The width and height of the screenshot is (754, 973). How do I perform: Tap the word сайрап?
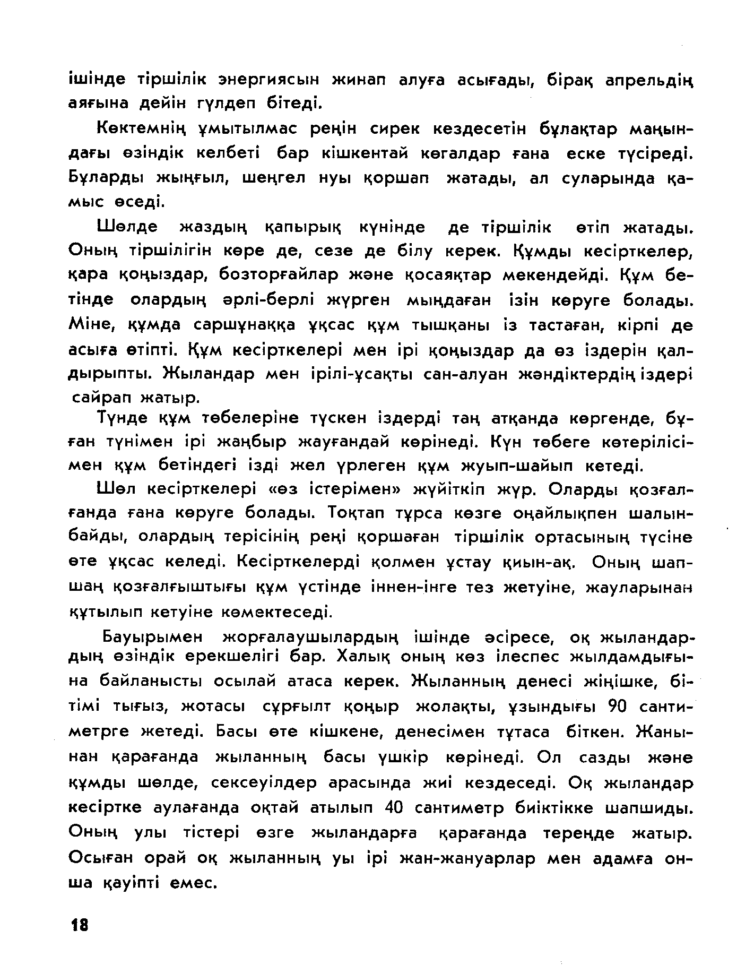(101, 397)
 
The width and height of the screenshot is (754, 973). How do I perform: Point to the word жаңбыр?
(253, 442)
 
